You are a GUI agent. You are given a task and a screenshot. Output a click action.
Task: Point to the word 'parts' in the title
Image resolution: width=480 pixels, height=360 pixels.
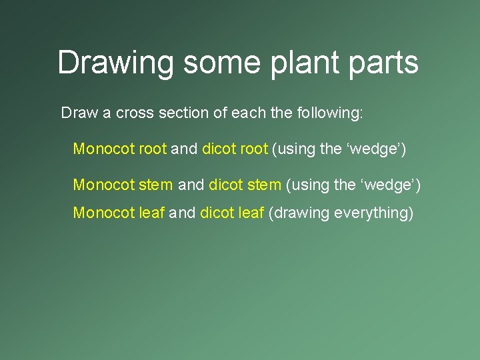[383, 63]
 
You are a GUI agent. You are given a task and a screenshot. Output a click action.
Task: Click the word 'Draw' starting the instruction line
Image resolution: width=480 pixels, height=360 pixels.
[79, 113]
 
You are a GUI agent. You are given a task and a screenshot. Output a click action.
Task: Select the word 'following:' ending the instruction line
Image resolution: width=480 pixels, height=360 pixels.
[332, 113]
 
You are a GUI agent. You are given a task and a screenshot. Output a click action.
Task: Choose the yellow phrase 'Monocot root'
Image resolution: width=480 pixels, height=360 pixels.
[120, 149]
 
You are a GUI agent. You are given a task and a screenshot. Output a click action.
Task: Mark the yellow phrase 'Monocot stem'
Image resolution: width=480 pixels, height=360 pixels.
[123, 183]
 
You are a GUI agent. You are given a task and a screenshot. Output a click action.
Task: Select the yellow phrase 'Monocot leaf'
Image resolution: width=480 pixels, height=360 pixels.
[119, 213]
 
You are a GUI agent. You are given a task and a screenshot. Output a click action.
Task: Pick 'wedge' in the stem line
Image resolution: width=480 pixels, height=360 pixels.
[387, 183]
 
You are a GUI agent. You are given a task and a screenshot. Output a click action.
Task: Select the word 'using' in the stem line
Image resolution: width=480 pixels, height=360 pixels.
[309, 183]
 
